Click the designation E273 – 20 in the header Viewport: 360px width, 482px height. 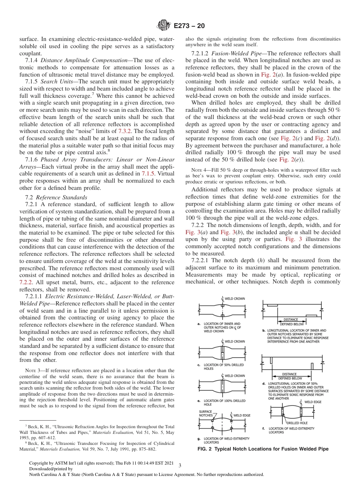(x=189, y=26)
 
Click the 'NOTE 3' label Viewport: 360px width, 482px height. (x=31, y=370)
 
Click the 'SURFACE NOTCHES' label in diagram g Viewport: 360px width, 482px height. (x=206, y=413)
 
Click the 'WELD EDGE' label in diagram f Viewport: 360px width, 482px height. (x=313, y=402)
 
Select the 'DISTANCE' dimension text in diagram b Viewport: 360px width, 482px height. (x=291, y=319)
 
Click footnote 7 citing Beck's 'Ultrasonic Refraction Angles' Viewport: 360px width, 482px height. (x=97, y=429)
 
